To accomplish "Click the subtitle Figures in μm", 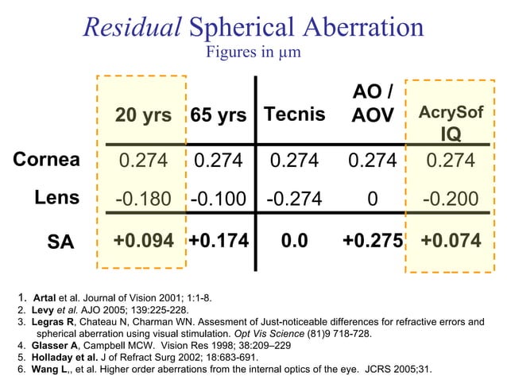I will point(253,52).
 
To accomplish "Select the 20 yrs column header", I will point(144,115).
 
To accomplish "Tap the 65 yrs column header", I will point(218,115).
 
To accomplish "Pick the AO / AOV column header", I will point(372,104).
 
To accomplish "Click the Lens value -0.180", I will point(143,199).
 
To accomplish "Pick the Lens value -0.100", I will point(218,199).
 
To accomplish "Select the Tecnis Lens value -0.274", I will point(295,199).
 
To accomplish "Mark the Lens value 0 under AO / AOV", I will point(371,199).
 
